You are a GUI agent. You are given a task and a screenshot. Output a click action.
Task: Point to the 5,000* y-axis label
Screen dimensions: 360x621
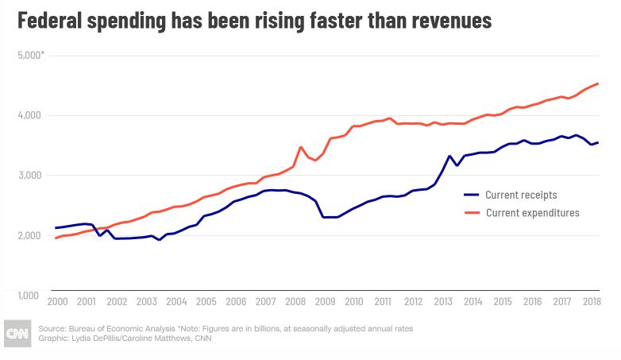point(31,55)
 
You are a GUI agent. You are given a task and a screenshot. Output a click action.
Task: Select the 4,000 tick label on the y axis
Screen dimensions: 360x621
point(29,115)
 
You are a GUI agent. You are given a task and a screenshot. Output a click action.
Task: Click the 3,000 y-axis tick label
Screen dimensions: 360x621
point(29,175)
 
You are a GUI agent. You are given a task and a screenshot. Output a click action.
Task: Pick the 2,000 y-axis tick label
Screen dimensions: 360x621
point(29,235)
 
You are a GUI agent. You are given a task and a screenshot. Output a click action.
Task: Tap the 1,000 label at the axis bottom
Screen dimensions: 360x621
point(29,295)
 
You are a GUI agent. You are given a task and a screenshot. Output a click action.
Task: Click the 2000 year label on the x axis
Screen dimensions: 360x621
point(57,303)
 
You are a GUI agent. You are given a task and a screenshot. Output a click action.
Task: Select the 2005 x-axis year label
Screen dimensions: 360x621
point(206,303)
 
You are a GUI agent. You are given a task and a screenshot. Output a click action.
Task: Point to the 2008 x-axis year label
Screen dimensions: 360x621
point(295,303)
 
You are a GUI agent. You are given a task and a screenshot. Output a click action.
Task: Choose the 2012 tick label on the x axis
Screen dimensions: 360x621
point(413,303)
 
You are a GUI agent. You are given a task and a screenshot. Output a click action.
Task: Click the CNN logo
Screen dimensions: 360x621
point(17,333)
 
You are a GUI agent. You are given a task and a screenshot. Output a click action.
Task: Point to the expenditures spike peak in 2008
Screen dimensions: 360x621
point(300,147)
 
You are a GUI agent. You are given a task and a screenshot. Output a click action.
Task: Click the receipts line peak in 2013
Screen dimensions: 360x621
point(450,156)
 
